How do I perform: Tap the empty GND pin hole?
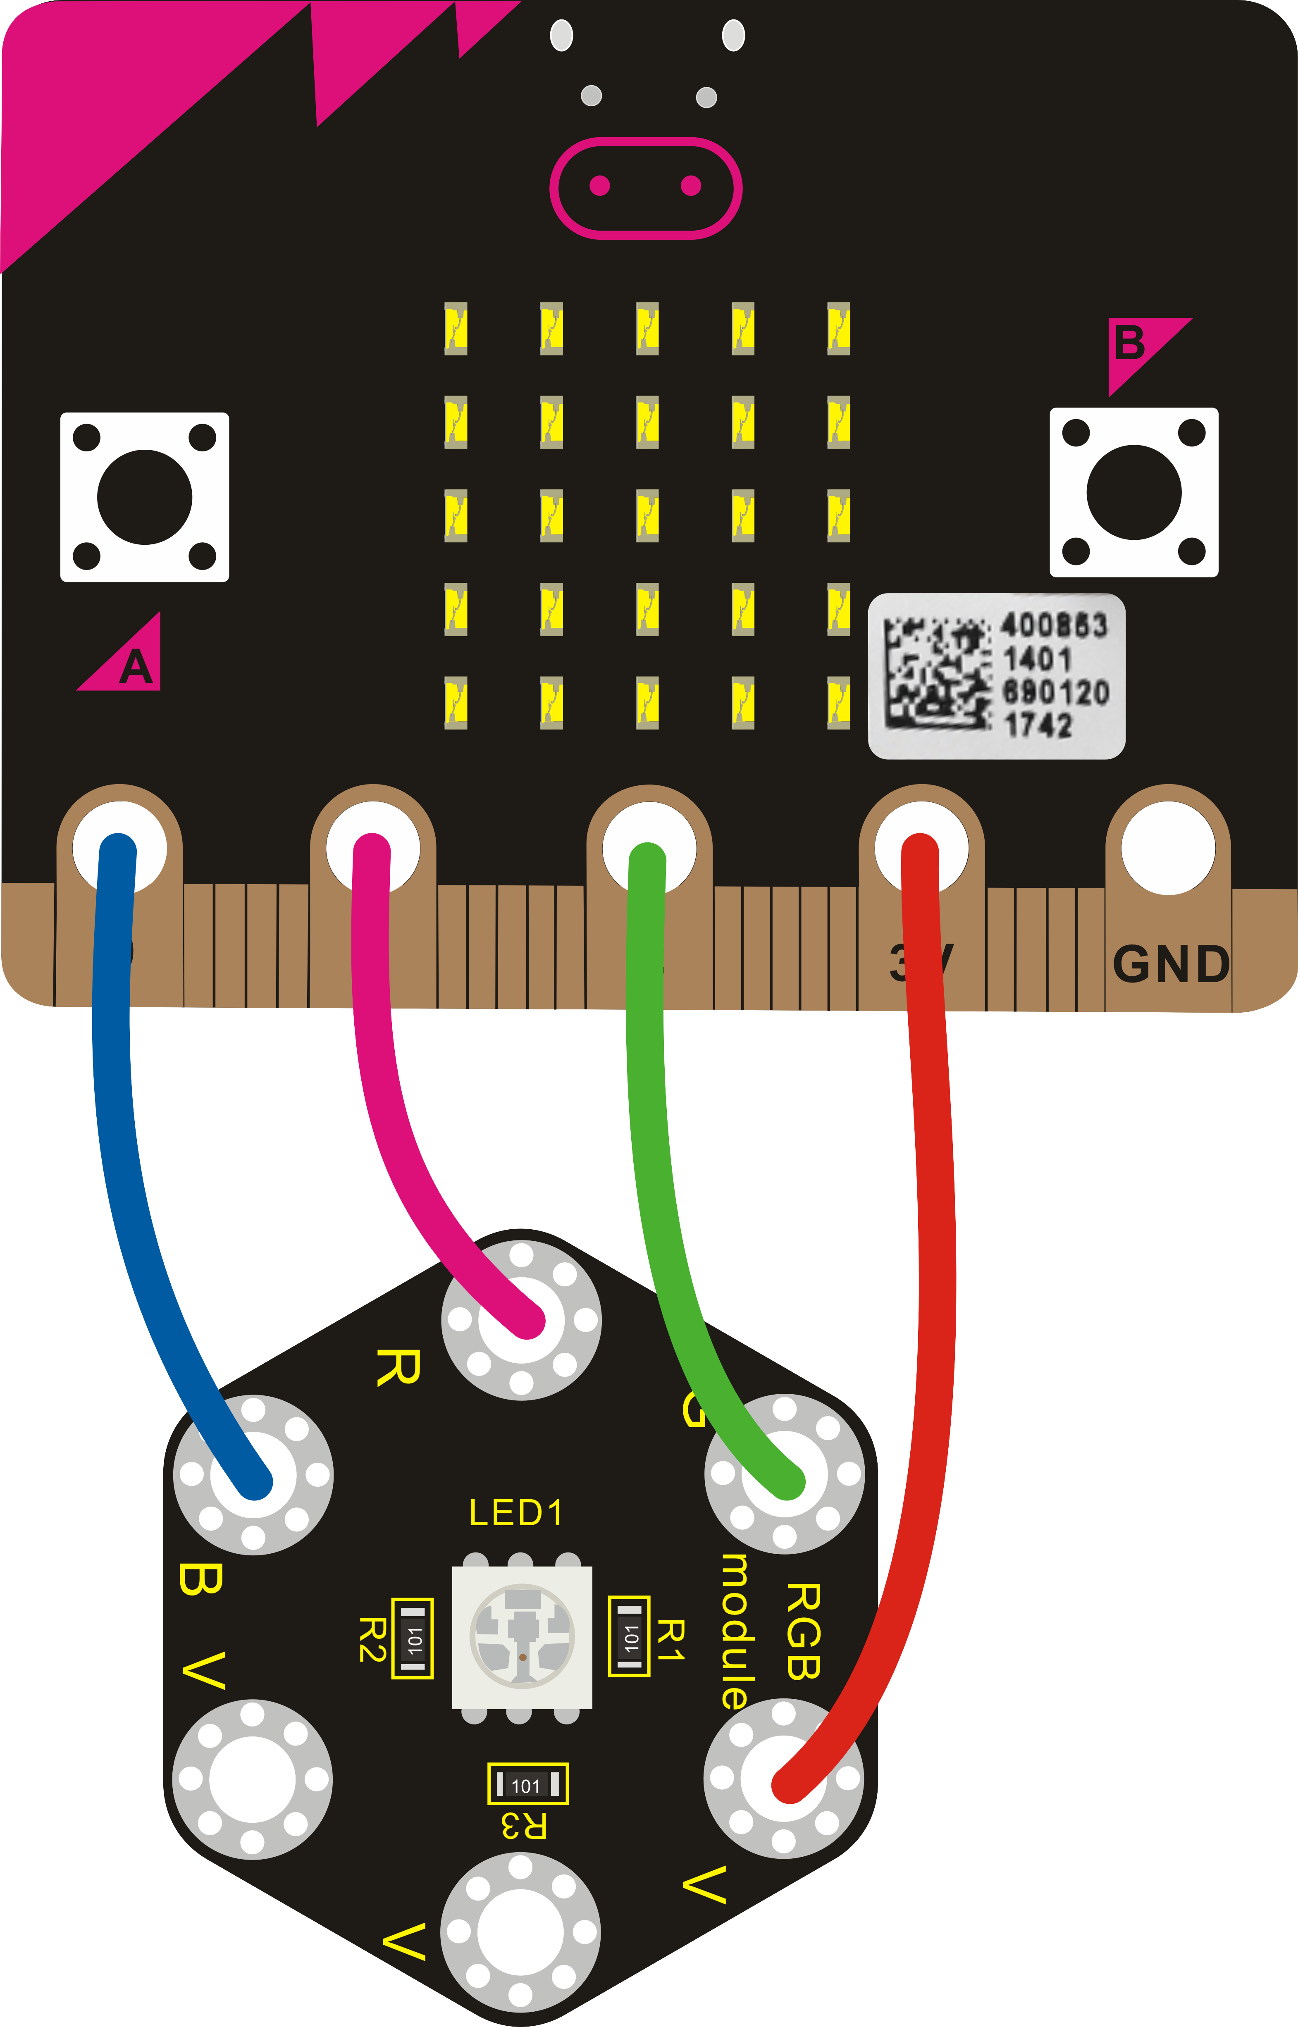coord(1168,847)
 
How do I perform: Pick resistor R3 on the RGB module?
coord(527,1784)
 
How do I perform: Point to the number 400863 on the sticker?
coord(1054,625)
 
